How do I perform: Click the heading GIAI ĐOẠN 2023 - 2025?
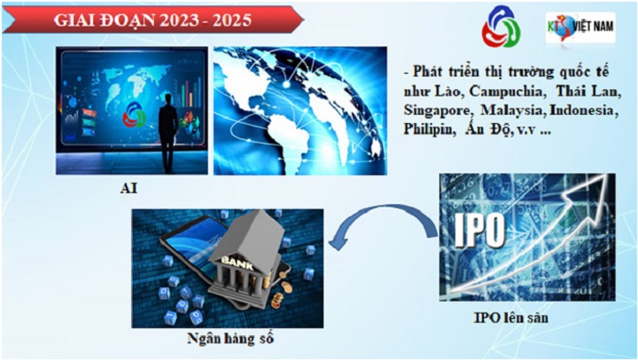click(x=150, y=19)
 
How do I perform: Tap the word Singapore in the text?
click(x=439, y=109)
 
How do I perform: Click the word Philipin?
click(x=429, y=129)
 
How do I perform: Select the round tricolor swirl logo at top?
click(x=501, y=29)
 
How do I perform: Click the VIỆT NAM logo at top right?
click(x=580, y=26)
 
